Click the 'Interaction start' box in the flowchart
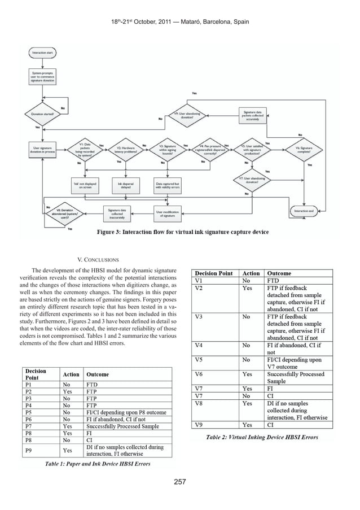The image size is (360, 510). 43,53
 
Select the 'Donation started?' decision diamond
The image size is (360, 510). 42,112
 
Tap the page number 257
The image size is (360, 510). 180,482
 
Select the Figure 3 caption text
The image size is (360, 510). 183,232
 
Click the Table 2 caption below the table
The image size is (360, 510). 262,437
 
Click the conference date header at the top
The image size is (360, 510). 180,21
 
